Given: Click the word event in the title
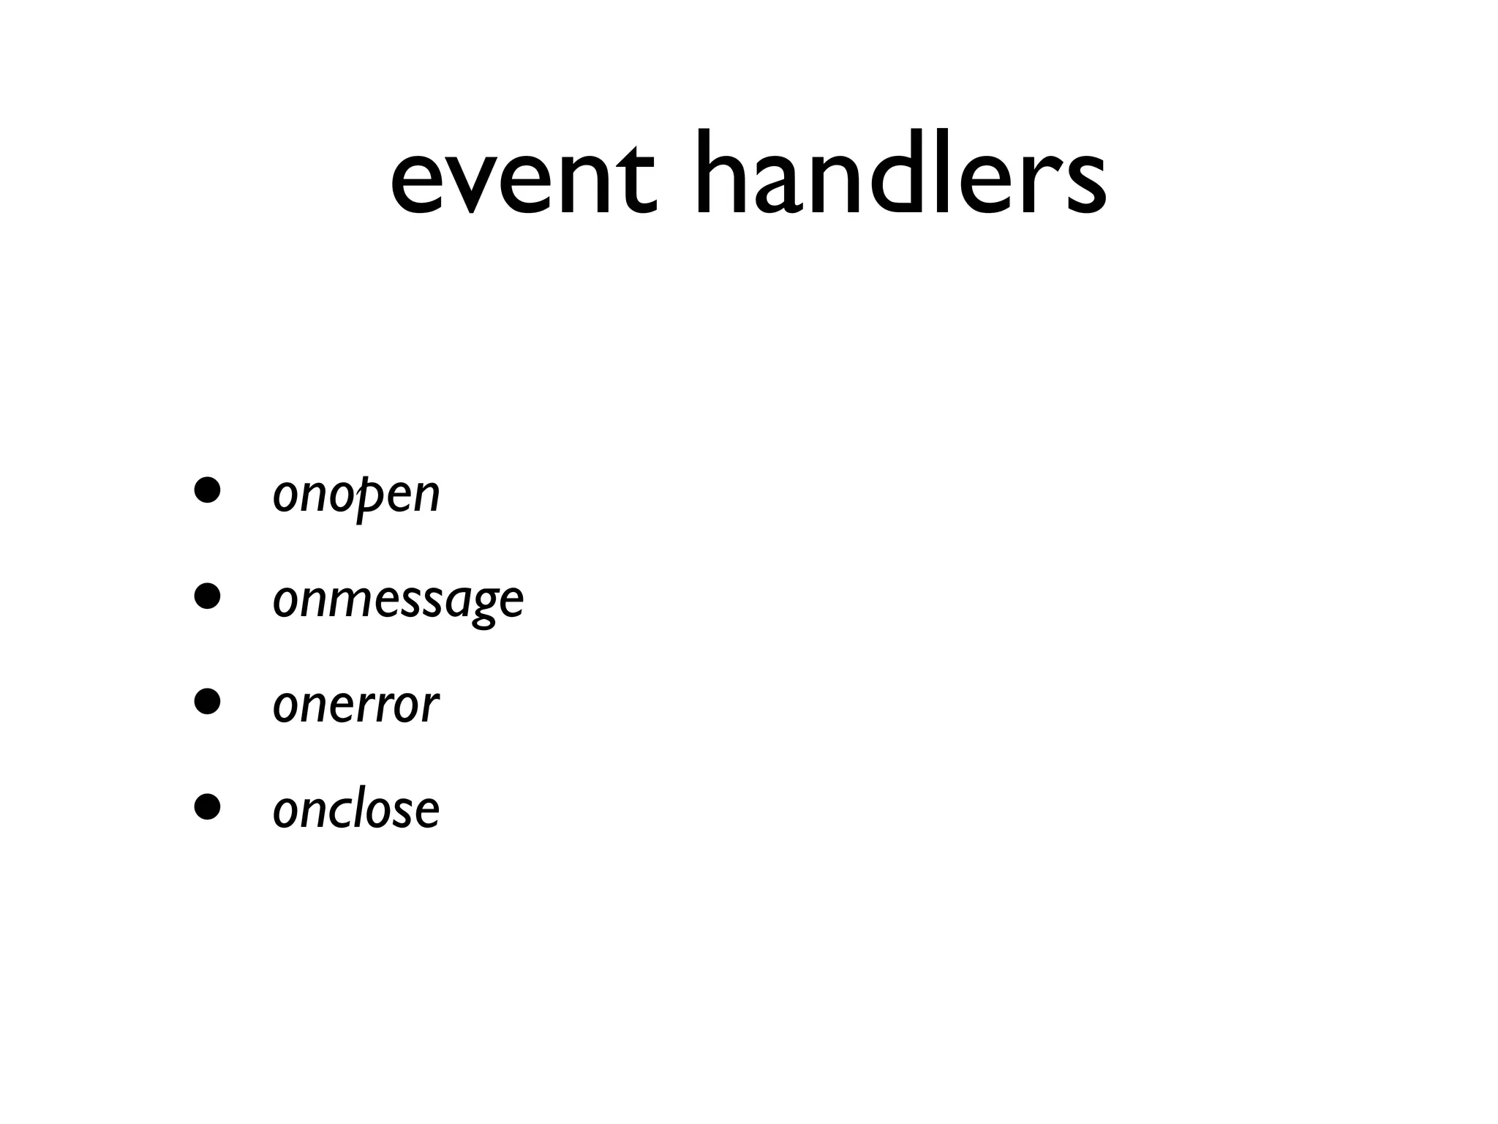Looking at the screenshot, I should coord(523,179).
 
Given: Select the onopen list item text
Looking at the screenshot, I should coord(356,495).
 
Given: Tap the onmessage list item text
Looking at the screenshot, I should coord(398,600).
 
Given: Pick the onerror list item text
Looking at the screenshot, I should coord(355,705).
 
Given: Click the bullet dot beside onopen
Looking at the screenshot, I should coord(207,491).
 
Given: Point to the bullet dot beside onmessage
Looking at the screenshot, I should coord(207,596).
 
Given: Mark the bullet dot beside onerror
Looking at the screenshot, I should coord(207,701).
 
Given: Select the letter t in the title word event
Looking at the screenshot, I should coord(636,179).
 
